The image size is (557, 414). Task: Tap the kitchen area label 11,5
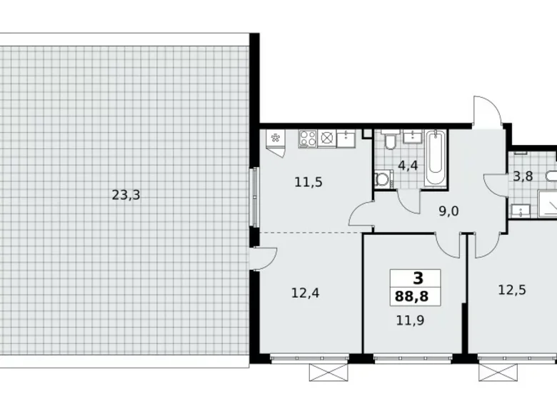pos(308,181)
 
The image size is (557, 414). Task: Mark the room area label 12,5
pos(511,289)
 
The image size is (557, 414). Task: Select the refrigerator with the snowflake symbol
pos(274,138)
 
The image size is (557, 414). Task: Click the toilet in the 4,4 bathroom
pos(389,142)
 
